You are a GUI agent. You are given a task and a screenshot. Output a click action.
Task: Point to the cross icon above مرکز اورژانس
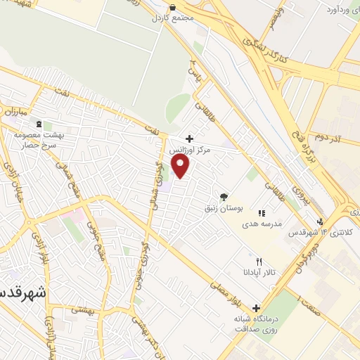point(188,139)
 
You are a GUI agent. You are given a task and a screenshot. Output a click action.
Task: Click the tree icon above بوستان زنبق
point(224,197)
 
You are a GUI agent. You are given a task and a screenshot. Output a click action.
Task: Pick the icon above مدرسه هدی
point(261,212)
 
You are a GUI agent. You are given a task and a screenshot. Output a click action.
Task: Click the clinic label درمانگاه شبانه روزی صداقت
point(256,324)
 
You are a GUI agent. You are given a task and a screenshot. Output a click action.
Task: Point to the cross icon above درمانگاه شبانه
point(256,307)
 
